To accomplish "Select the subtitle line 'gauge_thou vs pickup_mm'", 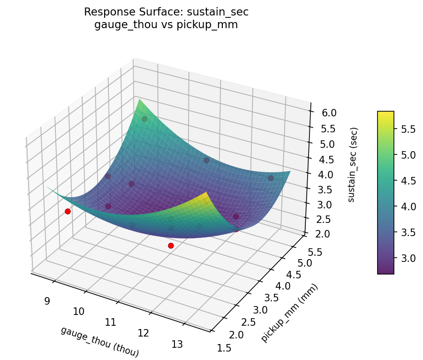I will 166,25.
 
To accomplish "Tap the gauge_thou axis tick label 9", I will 47,301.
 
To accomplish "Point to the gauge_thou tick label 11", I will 110,322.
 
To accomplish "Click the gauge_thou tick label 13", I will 177,344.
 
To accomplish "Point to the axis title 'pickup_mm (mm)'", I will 289,314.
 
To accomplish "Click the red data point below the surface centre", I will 171,245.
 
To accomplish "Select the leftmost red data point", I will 68,212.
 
